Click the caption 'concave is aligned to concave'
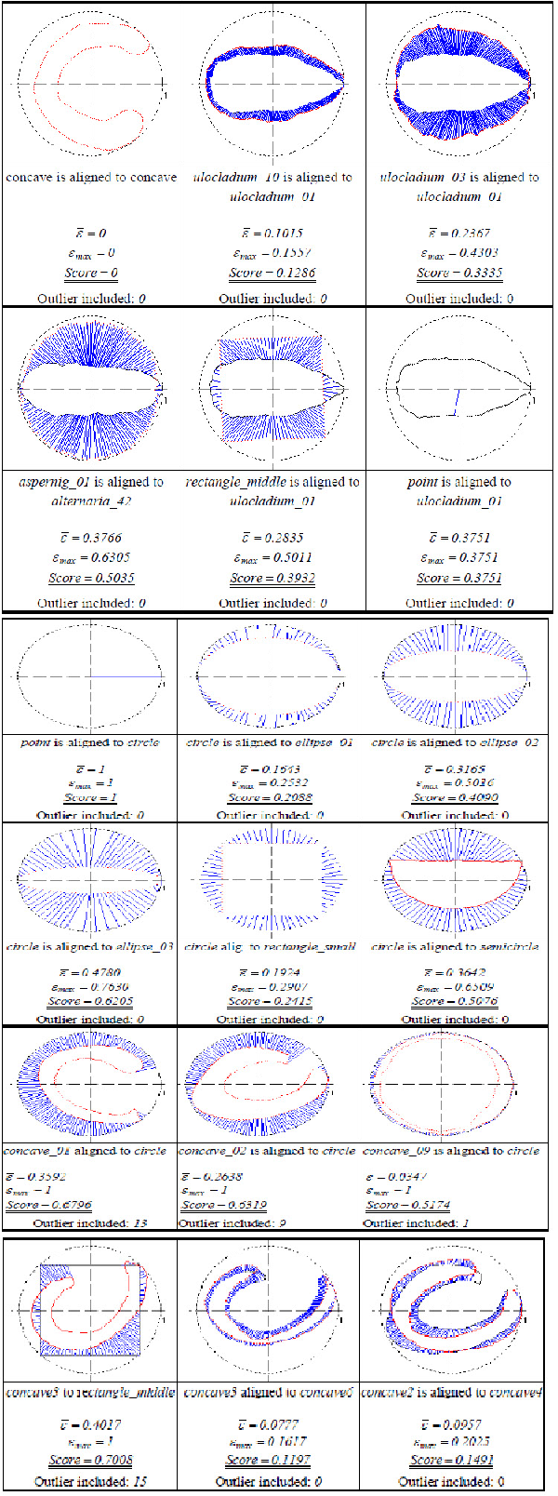[91, 177]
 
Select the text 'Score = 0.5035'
[91, 578]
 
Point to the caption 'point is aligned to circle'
[90, 742]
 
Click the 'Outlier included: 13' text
[90, 1222]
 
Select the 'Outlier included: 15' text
[89, 1481]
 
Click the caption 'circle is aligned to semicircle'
[455, 946]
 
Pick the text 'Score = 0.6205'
[90, 1001]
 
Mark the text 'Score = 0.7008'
[90, 1460]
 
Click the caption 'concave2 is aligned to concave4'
[451, 1393]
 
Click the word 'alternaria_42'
[90, 501]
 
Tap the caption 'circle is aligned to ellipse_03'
[89, 946]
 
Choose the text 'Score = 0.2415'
[270, 1001]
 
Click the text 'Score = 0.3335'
[459, 273]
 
